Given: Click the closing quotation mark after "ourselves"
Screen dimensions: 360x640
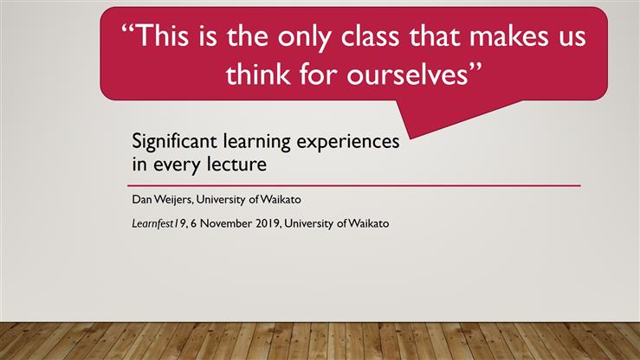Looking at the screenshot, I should pos(474,68).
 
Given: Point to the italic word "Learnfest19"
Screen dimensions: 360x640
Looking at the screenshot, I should pos(155,224).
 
